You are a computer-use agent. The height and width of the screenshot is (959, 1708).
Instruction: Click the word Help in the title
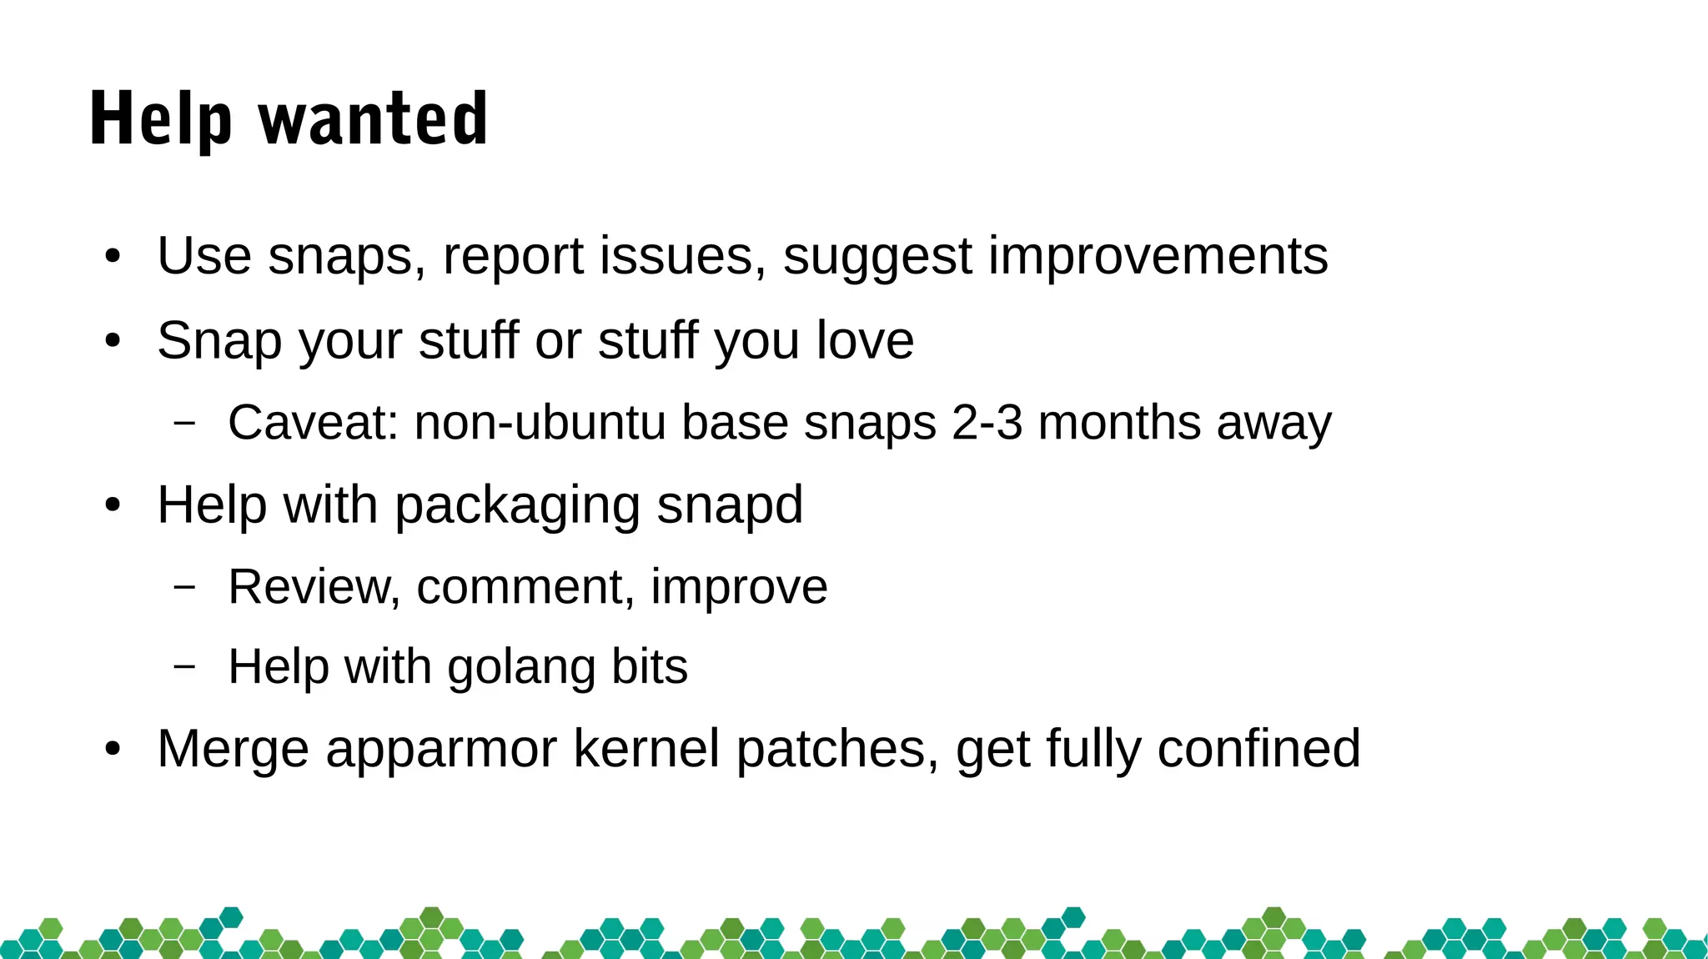(160, 119)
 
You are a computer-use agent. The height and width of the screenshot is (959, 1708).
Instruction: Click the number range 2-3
(987, 422)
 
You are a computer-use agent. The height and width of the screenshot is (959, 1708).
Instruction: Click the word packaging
(516, 505)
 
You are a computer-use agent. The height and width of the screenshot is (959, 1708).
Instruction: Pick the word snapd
(730, 505)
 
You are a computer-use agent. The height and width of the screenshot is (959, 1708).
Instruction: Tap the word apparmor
(440, 748)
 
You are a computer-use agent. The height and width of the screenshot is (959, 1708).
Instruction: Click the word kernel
(646, 748)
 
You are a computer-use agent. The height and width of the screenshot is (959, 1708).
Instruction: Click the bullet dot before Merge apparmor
(113, 749)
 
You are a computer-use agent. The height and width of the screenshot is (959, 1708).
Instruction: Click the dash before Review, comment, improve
(184, 586)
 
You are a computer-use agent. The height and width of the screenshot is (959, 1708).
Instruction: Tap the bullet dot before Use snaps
(113, 256)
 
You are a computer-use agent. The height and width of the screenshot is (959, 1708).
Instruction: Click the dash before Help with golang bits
(184, 666)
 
